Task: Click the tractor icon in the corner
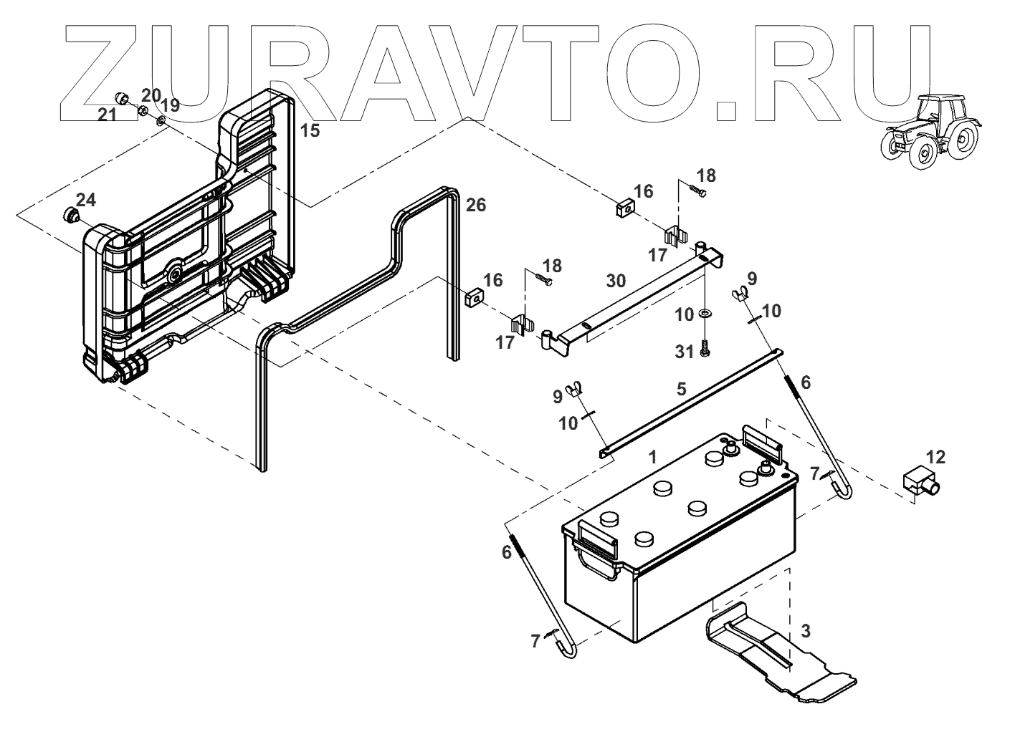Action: [930, 133]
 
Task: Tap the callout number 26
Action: [476, 206]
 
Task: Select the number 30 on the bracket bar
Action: [616, 281]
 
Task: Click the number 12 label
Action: [935, 457]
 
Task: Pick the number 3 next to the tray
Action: [806, 631]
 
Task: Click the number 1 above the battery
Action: [652, 457]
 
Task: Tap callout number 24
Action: [86, 198]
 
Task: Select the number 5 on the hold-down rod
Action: [681, 389]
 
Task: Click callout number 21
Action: [107, 115]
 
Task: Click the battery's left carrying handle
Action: [596, 547]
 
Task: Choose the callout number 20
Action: [151, 95]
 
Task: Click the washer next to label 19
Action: [161, 120]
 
